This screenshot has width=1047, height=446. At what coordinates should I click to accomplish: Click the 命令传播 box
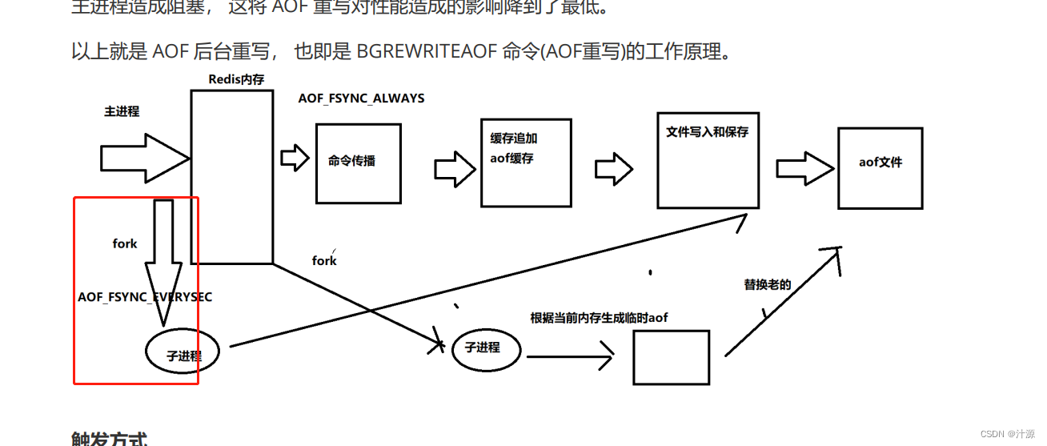coord(358,163)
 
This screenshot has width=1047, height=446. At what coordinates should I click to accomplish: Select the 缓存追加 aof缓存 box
coord(526,162)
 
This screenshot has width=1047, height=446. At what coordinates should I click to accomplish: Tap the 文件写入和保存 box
coord(707,159)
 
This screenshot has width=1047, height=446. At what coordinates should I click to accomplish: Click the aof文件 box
coord(880,168)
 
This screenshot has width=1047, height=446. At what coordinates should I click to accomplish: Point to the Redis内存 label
coord(236,78)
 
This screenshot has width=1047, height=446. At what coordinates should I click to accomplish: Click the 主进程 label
coord(122,111)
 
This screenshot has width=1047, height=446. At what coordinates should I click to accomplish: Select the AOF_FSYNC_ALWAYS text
coord(361,98)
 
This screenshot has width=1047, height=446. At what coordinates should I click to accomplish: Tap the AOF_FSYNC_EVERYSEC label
coord(145,297)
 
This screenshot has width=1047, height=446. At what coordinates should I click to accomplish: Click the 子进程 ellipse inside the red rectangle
coord(183,352)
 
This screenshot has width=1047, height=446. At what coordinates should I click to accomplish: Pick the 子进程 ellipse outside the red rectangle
coord(487,348)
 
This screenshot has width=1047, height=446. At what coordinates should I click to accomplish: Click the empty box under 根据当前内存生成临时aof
coord(671,357)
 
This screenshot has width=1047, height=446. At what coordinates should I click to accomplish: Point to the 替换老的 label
coord(767,284)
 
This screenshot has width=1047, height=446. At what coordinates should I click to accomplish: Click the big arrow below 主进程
coord(144,159)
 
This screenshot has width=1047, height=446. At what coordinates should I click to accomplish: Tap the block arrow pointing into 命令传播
coord(295,157)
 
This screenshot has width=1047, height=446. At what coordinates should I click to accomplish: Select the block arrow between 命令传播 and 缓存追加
coord(455,169)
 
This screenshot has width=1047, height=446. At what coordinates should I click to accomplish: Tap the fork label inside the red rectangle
coord(125,243)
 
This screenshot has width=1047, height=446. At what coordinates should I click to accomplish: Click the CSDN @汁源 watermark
coord(1008,433)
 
